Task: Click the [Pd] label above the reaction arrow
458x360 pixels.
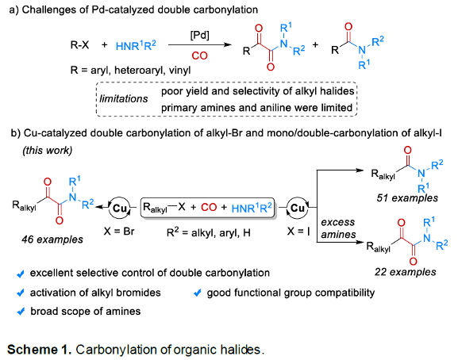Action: pos(200,36)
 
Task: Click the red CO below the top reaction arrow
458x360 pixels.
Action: pos(199,56)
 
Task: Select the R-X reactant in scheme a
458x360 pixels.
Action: pos(79,45)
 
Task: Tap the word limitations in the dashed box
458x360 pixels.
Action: pos(124,99)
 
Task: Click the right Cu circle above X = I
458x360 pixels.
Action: pos(298,208)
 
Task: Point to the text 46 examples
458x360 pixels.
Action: pos(52,239)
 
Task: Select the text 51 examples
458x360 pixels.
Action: pos(407,198)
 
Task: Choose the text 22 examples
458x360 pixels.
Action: pos(406,272)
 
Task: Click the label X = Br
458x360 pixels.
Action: pos(119,232)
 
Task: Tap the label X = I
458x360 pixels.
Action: pos(298,232)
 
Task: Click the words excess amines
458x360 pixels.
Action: pos(338,228)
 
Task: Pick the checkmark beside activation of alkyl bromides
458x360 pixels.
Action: pos(21,293)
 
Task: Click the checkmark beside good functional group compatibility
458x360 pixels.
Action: pos(198,293)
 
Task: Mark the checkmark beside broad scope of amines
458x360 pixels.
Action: pos(21,312)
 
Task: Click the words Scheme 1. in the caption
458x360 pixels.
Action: pos(40,350)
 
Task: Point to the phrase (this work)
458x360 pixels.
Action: pos(48,151)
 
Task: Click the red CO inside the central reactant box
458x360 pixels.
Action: pos(209,208)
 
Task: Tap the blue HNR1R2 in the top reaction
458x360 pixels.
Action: pos(136,45)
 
